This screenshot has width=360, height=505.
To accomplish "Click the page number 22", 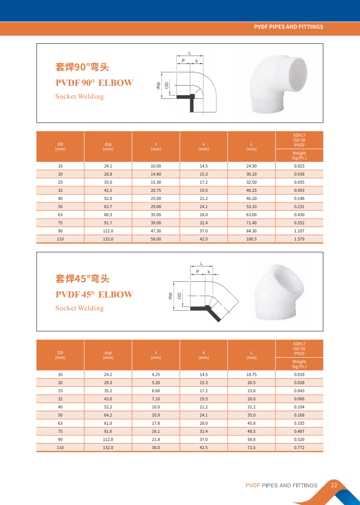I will point(334,485).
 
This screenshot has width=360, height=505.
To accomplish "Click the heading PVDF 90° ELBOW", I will point(94,83).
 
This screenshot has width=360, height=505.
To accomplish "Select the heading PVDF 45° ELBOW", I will point(94,295).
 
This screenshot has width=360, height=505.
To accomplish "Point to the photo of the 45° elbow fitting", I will point(281,292).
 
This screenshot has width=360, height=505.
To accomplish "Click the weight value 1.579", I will point(299,239).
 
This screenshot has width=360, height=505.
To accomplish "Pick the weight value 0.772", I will point(299,447).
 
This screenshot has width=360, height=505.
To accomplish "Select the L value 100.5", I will point(251,239).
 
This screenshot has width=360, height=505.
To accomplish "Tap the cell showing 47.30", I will point(156,231).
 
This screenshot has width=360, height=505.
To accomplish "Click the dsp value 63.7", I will point(108,206).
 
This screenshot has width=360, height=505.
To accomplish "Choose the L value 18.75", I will point(251,374).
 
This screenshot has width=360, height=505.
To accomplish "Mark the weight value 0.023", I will point(299,166).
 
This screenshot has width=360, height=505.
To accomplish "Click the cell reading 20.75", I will point(156,191).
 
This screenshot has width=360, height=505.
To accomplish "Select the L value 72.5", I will point(251,447).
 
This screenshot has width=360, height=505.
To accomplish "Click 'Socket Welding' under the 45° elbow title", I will point(79,308).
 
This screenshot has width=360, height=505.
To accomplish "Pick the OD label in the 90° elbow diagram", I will point(167,85).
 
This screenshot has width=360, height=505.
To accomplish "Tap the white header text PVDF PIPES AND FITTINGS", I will point(289,27).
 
